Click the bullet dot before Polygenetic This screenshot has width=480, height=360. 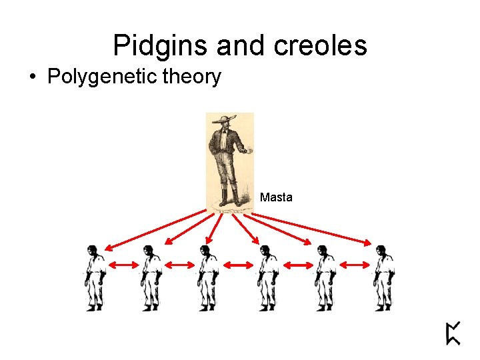point(33,77)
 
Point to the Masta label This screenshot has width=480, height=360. point(276,197)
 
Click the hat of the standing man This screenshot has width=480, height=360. point(223,120)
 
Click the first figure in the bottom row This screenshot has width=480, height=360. point(94,277)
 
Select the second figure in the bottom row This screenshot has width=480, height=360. point(151,277)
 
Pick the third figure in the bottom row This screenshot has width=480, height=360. point(207,277)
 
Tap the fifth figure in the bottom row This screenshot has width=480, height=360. point(325,277)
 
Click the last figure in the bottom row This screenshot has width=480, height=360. point(383,277)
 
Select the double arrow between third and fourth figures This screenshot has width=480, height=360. point(238,265)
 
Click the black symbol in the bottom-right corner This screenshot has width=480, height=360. point(453,333)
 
